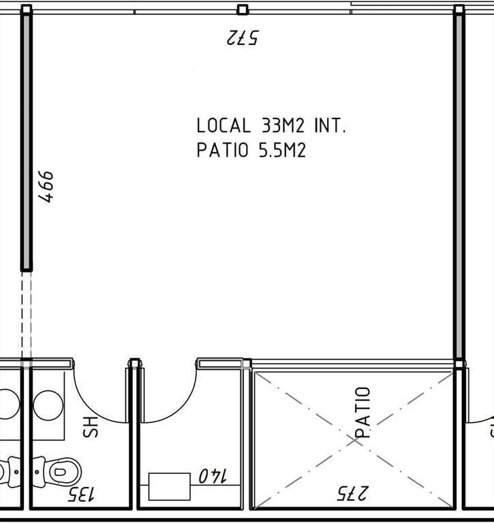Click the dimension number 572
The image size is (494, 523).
[x=243, y=37]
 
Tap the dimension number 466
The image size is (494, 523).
[x=46, y=187]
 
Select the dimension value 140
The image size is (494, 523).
[x=213, y=475]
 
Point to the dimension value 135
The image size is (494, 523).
[x=81, y=494]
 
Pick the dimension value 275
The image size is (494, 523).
[x=352, y=493]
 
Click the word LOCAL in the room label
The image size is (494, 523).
[x=223, y=126]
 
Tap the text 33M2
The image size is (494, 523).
[x=283, y=126]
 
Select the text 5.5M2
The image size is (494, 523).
[x=282, y=150]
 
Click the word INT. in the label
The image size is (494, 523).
[x=330, y=126]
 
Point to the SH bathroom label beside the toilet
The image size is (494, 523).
[x=91, y=427]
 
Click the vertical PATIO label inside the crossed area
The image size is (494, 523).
[x=362, y=412]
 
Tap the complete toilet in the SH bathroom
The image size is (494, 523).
[x=57, y=472]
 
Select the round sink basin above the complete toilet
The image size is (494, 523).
[x=48, y=406]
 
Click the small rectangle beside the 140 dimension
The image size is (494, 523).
[x=170, y=487]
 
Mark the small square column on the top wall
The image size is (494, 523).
[x=243, y=10]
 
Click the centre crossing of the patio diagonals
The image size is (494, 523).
[x=354, y=441]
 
